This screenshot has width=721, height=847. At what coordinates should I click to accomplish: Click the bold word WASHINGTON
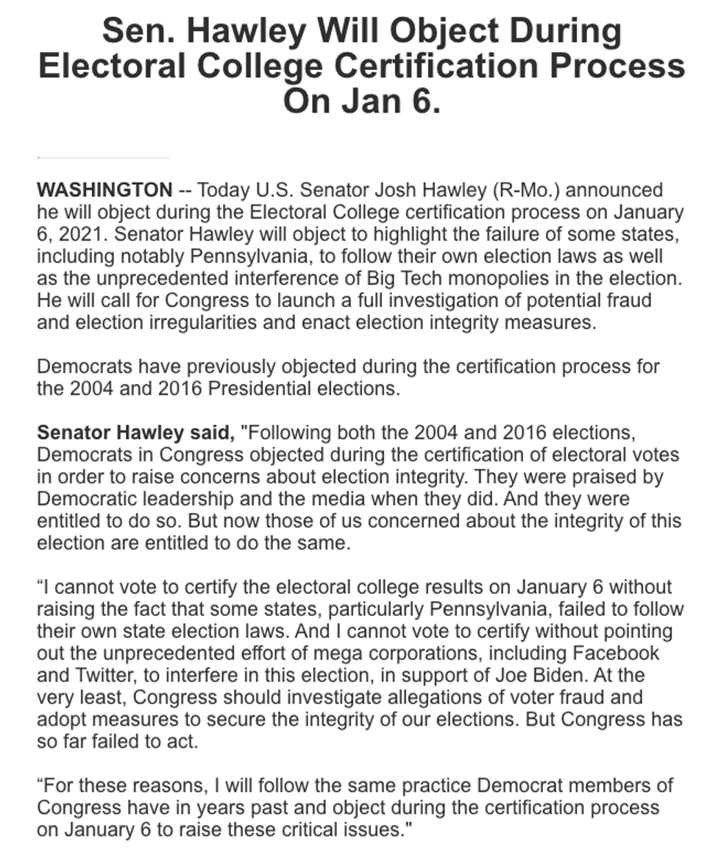[x=104, y=190]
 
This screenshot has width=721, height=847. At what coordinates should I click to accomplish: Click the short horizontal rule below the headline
[x=103, y=157]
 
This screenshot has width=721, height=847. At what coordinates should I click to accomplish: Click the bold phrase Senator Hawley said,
[x=136, y=433]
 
